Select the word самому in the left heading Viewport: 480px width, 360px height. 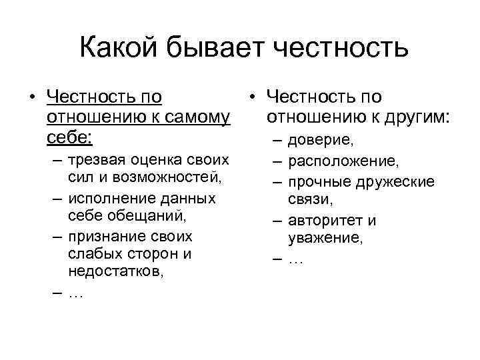pos(193,118)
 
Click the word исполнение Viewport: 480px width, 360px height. pos(109,199)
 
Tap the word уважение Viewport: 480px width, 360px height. pos(325,239)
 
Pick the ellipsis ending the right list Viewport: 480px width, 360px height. pos(295,259)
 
